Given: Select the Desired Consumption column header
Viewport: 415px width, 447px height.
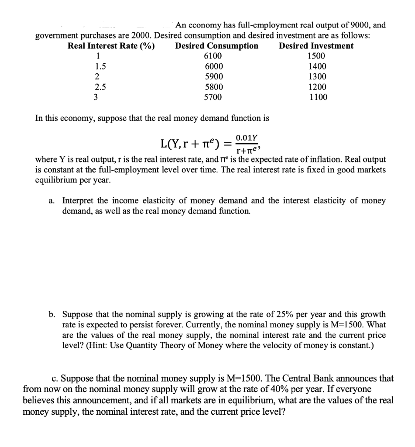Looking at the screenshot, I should [x=216, y=46].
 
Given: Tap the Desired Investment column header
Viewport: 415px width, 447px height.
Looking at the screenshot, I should [x=316, y=46].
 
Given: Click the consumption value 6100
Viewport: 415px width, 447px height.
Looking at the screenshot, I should [x=213, y=56].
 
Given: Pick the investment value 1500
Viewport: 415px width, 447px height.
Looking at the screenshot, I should [x=316, y=56].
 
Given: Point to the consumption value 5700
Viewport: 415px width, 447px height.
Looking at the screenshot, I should [x=213, y=97].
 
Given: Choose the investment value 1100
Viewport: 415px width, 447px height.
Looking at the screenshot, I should [x=318, y=97].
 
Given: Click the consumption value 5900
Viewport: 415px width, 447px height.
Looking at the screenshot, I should [x=213, y=76].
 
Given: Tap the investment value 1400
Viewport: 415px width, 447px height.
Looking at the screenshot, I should [x=317, y=66].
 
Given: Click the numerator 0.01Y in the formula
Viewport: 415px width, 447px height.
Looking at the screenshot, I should [x=244, y=138].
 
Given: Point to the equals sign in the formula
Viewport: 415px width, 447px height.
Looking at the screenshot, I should [x=225, y=144].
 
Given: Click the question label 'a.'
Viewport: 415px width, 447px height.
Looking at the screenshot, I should [x=52, y=201].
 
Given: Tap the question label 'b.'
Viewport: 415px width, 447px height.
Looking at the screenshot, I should [x=52, y=314].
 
